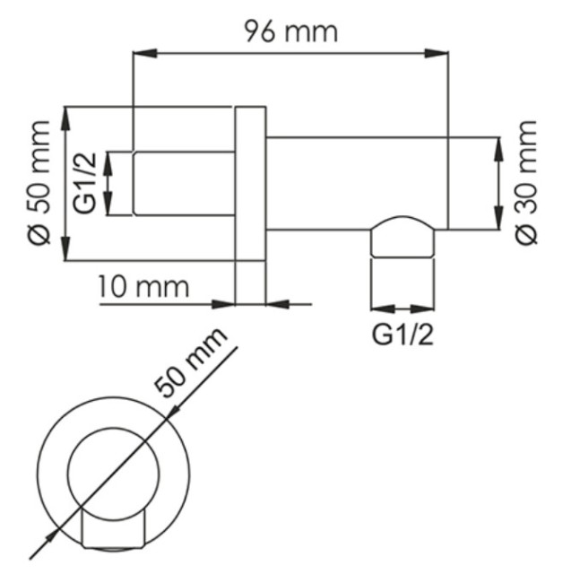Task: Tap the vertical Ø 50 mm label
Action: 40,185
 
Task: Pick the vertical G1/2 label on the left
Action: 86,184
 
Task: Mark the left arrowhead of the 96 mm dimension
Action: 141,55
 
